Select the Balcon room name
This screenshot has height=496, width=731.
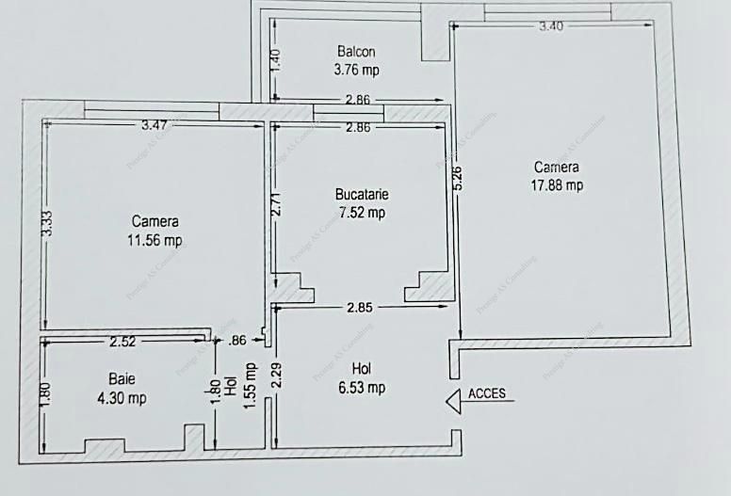[x=357, y=51]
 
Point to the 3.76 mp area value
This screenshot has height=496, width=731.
[x=357, y=69]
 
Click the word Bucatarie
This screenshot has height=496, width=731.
[x=362, y=195]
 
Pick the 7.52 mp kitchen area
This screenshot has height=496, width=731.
[x=362, y=213]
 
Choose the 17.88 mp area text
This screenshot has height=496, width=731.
[x=557, y=184]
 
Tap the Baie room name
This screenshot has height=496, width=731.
[x=121, y=379]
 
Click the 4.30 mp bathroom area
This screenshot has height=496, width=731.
[x=121, y=397]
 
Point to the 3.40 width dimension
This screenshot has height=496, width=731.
[x=551, y=26]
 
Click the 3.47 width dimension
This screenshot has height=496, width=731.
[x=155, y=124]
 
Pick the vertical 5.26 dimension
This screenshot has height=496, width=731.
[x=458, y=177]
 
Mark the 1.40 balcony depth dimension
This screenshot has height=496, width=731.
[x=275, y=61]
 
